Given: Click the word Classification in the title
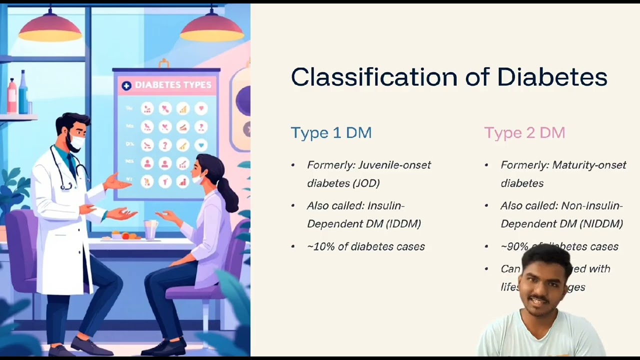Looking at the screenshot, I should [x=374, y=77].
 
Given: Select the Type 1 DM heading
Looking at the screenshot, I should [x=331, y=132].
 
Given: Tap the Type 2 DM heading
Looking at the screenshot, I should [x=524, y=132].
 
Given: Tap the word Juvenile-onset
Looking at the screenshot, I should [x=399, y=165].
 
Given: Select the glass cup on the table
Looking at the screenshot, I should [x=150, y=229].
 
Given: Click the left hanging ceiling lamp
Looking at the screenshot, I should [x=50, y=29].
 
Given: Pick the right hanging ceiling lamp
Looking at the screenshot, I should [x=211, y=29].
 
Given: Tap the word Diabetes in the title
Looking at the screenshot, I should [x=552, y=77].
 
